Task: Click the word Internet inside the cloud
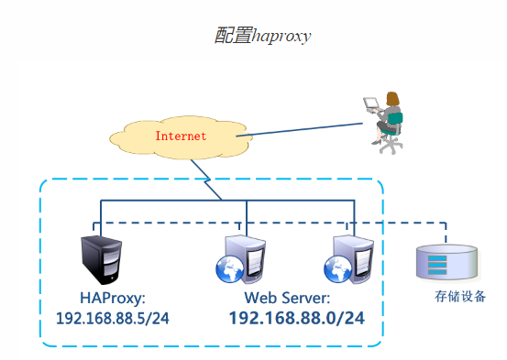tap(181, 136)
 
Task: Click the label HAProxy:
tap(112, 298)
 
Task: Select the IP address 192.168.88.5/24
tap(113, 318)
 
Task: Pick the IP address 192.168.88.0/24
tap(296, 318)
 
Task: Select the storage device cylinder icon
tap(446, 261)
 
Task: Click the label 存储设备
tap(459, 296)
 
